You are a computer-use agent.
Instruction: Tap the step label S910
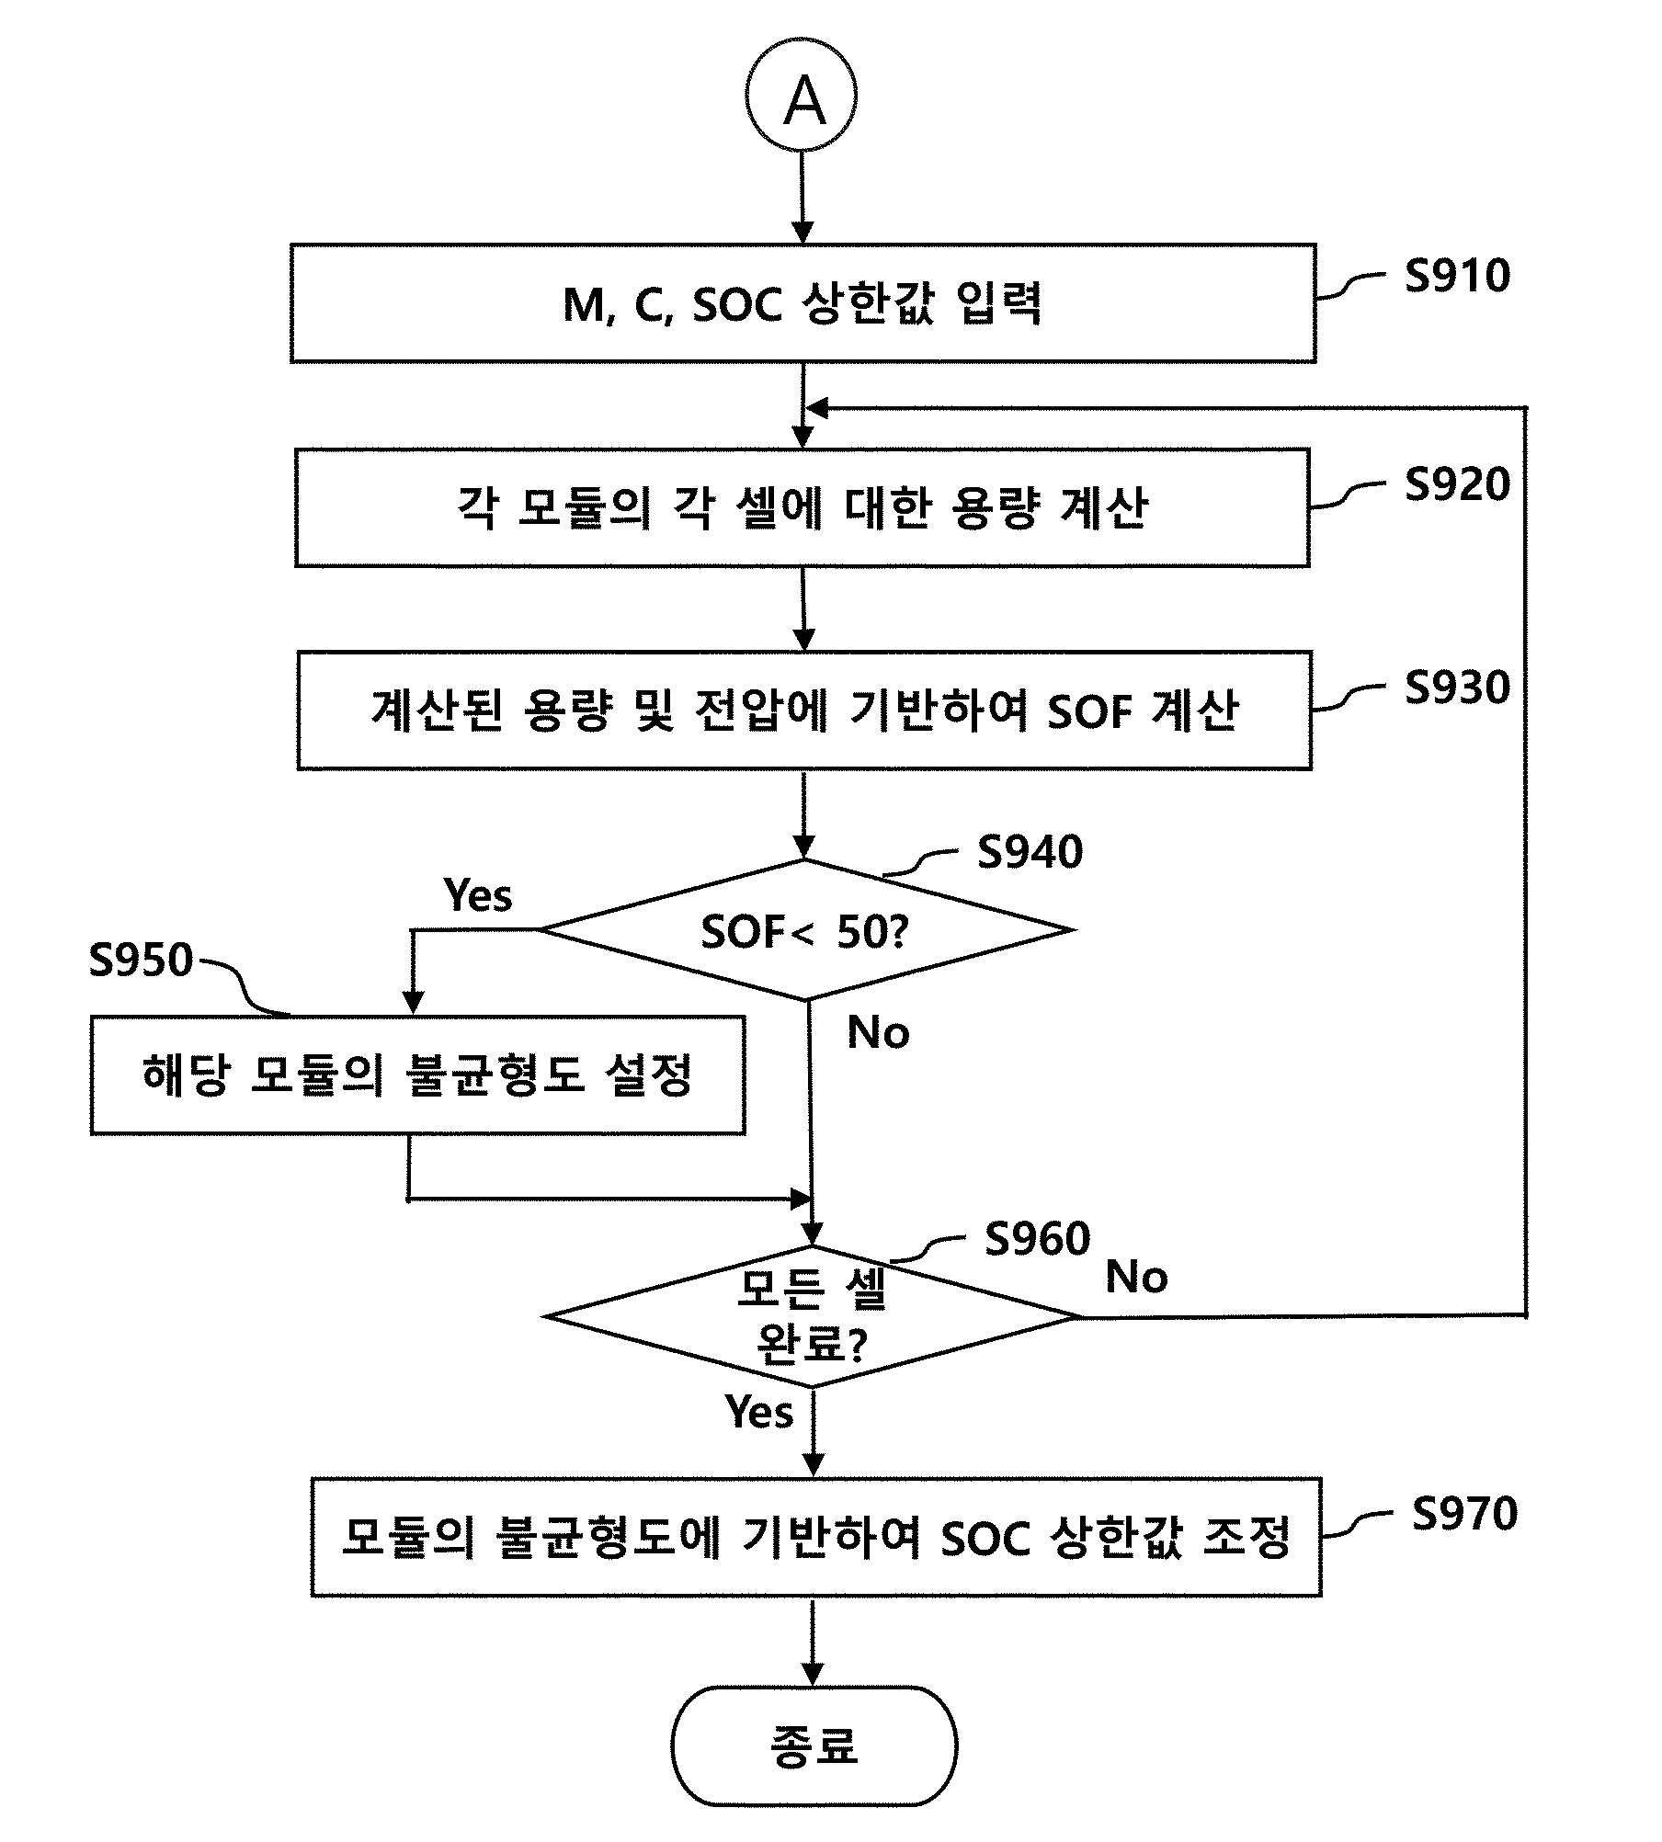click(x=1457, y=276)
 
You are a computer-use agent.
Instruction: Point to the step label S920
click(x=1457, y=484)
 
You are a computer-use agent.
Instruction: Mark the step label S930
click(x=1457, y=688)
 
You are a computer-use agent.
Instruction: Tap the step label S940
click(x=1030, y=852)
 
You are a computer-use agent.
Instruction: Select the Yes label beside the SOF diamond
click(x=477, y=894)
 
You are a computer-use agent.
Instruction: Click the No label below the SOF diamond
click(x=878, y=1032)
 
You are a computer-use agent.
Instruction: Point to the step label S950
click(x=141, y=960)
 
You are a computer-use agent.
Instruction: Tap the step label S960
click(x=1037, y=1239)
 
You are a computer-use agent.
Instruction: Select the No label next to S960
click(x=1136, y=1277)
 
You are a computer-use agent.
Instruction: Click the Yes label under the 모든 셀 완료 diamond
click(x=758, y=1411)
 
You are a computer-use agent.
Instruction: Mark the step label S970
click(x=1464, y=1514)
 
